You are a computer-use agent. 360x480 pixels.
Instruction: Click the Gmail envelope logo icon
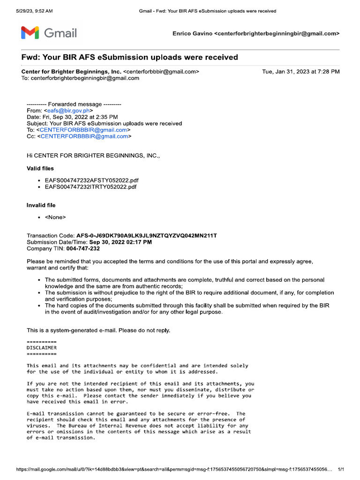(x=29, y=33)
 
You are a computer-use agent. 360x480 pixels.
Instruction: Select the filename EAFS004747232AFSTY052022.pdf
(x=91, y=180)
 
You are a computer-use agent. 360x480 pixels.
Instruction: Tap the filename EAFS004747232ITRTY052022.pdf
(x=90, y=187)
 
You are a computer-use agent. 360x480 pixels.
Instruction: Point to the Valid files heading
(x=40, y=168)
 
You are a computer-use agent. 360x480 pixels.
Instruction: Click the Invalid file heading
(x=41, y=205)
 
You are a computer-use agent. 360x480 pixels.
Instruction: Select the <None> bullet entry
(x=55, y=217)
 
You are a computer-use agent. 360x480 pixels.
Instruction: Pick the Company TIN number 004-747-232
(x=83, y=248)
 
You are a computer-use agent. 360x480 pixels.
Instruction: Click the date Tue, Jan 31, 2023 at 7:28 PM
(x=301, y=72)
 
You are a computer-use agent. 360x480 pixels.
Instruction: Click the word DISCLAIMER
(x=42, y=348)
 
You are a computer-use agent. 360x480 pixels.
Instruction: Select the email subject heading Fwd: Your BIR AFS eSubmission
(x=130, y=57)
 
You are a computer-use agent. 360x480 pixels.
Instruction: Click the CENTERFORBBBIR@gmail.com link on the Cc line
(x=84, y=136)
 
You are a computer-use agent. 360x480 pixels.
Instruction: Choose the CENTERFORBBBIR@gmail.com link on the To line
(x=83, y=130)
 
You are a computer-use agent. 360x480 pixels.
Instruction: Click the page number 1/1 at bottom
(x=341, y=469)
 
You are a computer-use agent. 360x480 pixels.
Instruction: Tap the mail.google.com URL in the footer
(x=173, y=469)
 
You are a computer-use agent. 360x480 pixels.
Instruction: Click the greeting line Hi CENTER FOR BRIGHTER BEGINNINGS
(x=93, y=155)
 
